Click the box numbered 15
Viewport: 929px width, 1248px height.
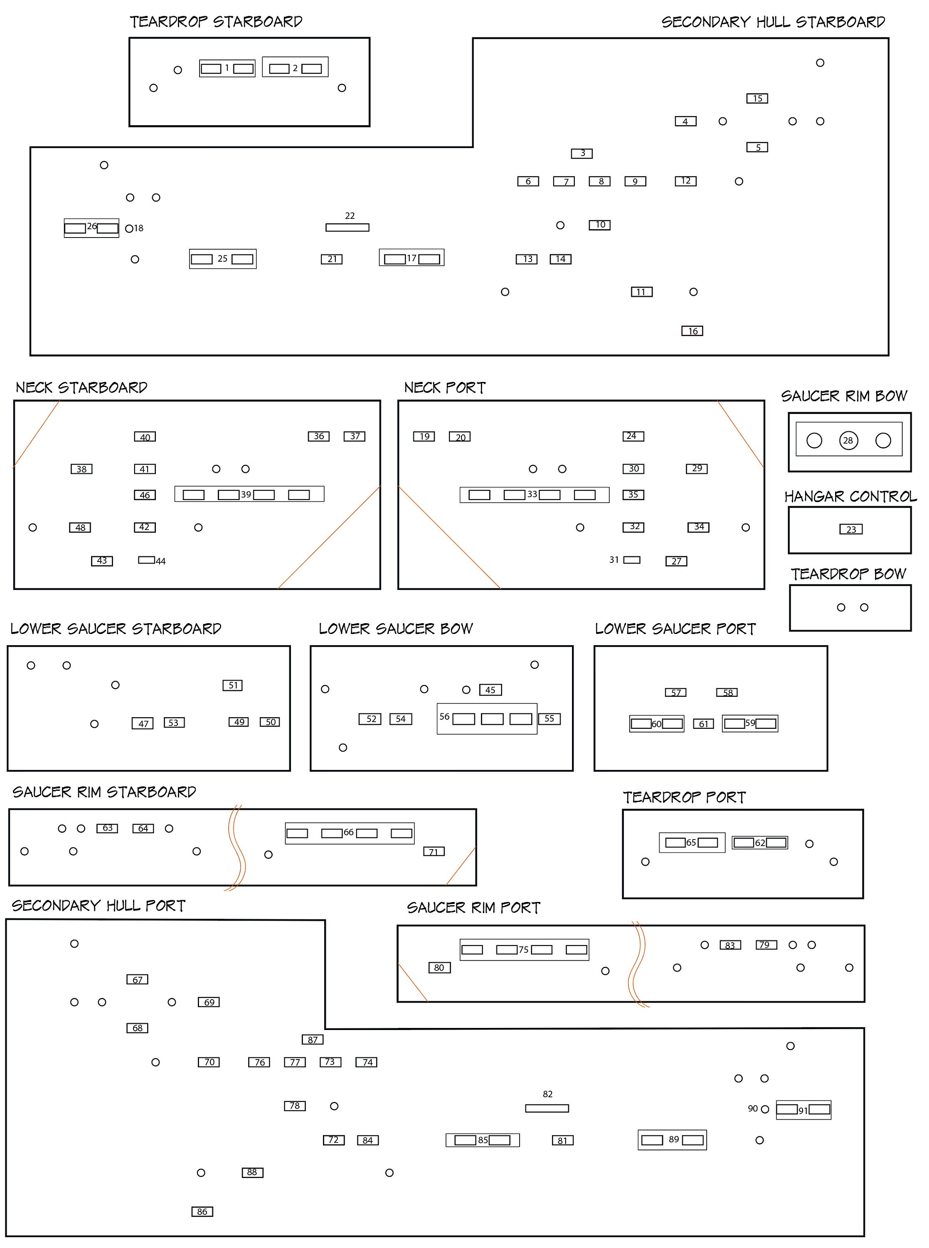[x=757, y=99]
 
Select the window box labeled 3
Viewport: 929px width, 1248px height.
[x=582, y=153]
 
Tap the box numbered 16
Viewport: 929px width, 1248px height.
[x=692, y=331]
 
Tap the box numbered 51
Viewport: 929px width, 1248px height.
[x=232, y=685]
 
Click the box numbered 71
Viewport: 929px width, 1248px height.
[x=434, y=851]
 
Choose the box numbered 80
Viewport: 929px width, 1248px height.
[x=439, y=967]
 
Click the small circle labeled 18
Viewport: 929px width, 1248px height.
[x=129, y=228]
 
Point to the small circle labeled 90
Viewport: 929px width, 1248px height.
[x=765, y=1109]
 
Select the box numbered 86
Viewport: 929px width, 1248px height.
[x=202, y=1211]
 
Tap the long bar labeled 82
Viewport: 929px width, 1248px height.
[x=547, y=1108]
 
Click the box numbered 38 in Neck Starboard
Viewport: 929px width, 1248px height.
[x=81, y=469]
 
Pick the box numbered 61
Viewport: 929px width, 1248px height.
[x=703, y=723]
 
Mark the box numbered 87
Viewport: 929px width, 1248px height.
[x=312, y=1039]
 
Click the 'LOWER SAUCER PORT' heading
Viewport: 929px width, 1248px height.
[x=675, y=629]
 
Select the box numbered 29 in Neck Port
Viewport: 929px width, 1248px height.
[x=697, y=469]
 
